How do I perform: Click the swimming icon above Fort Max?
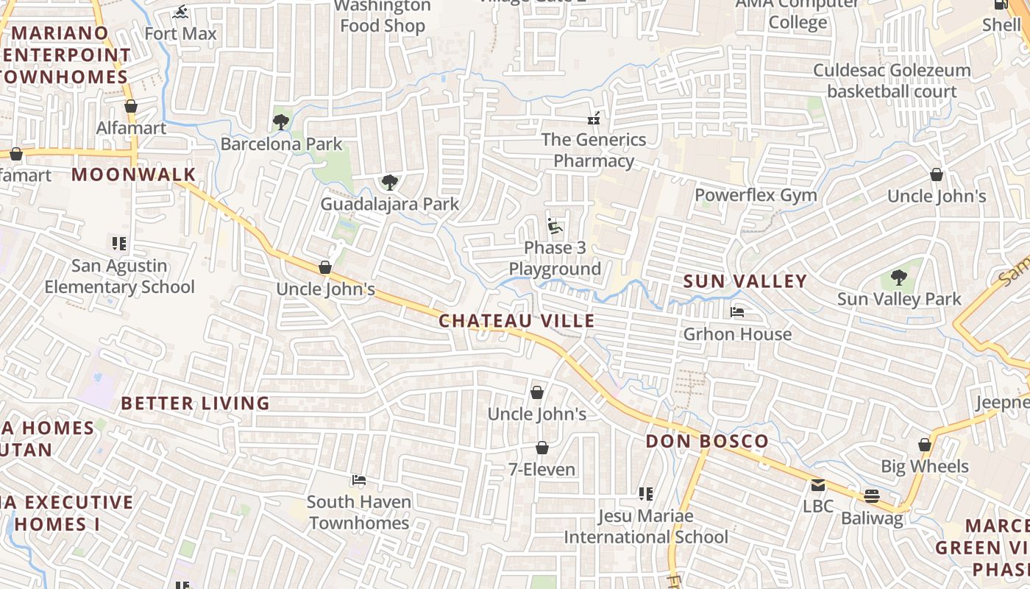click(180, 12)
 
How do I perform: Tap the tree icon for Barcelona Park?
click(280, 121)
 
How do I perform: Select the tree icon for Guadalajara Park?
click(389, 182)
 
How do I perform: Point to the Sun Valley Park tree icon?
click(898, 277)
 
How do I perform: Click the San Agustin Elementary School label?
click(119, 276)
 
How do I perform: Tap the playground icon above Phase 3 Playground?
click(555, 225)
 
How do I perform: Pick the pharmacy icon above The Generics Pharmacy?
click(593, 118)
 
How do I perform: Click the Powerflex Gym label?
click(756, 195)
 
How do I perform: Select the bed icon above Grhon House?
click(736, 312)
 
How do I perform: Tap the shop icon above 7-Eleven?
click(541, 448)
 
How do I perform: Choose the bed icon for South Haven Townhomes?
click(358, 480)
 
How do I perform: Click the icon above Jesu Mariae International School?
click(645, 494)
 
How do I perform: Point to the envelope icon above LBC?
click(817, 485)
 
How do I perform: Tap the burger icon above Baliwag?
click(872, 496)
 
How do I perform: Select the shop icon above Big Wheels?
click(925, 445)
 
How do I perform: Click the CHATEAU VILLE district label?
click(516, 321)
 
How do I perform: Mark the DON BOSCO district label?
click(707, 442)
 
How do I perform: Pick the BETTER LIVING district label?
click(196, 403)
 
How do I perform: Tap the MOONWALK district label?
click(134, 174)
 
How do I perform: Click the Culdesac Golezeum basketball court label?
click(892, 81)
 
